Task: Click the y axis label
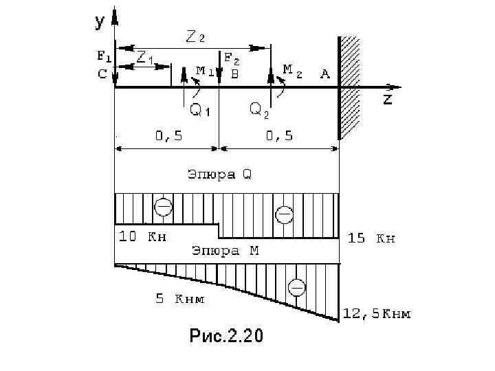click(x=100, y=22)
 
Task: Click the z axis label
click(x=388, y=99)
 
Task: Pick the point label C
click(x=102, y=74)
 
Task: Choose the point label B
click(x=234, y=74)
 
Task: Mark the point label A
click(x=324, y=74)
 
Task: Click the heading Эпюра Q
click(x=220, y=175)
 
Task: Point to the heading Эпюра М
click(x=225, y=251)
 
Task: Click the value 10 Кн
click(x=142, y=237)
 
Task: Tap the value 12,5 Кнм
click(x=377, y=314)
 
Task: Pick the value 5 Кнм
click(x=179, y=299)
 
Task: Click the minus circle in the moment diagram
click(x=296, y=287)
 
